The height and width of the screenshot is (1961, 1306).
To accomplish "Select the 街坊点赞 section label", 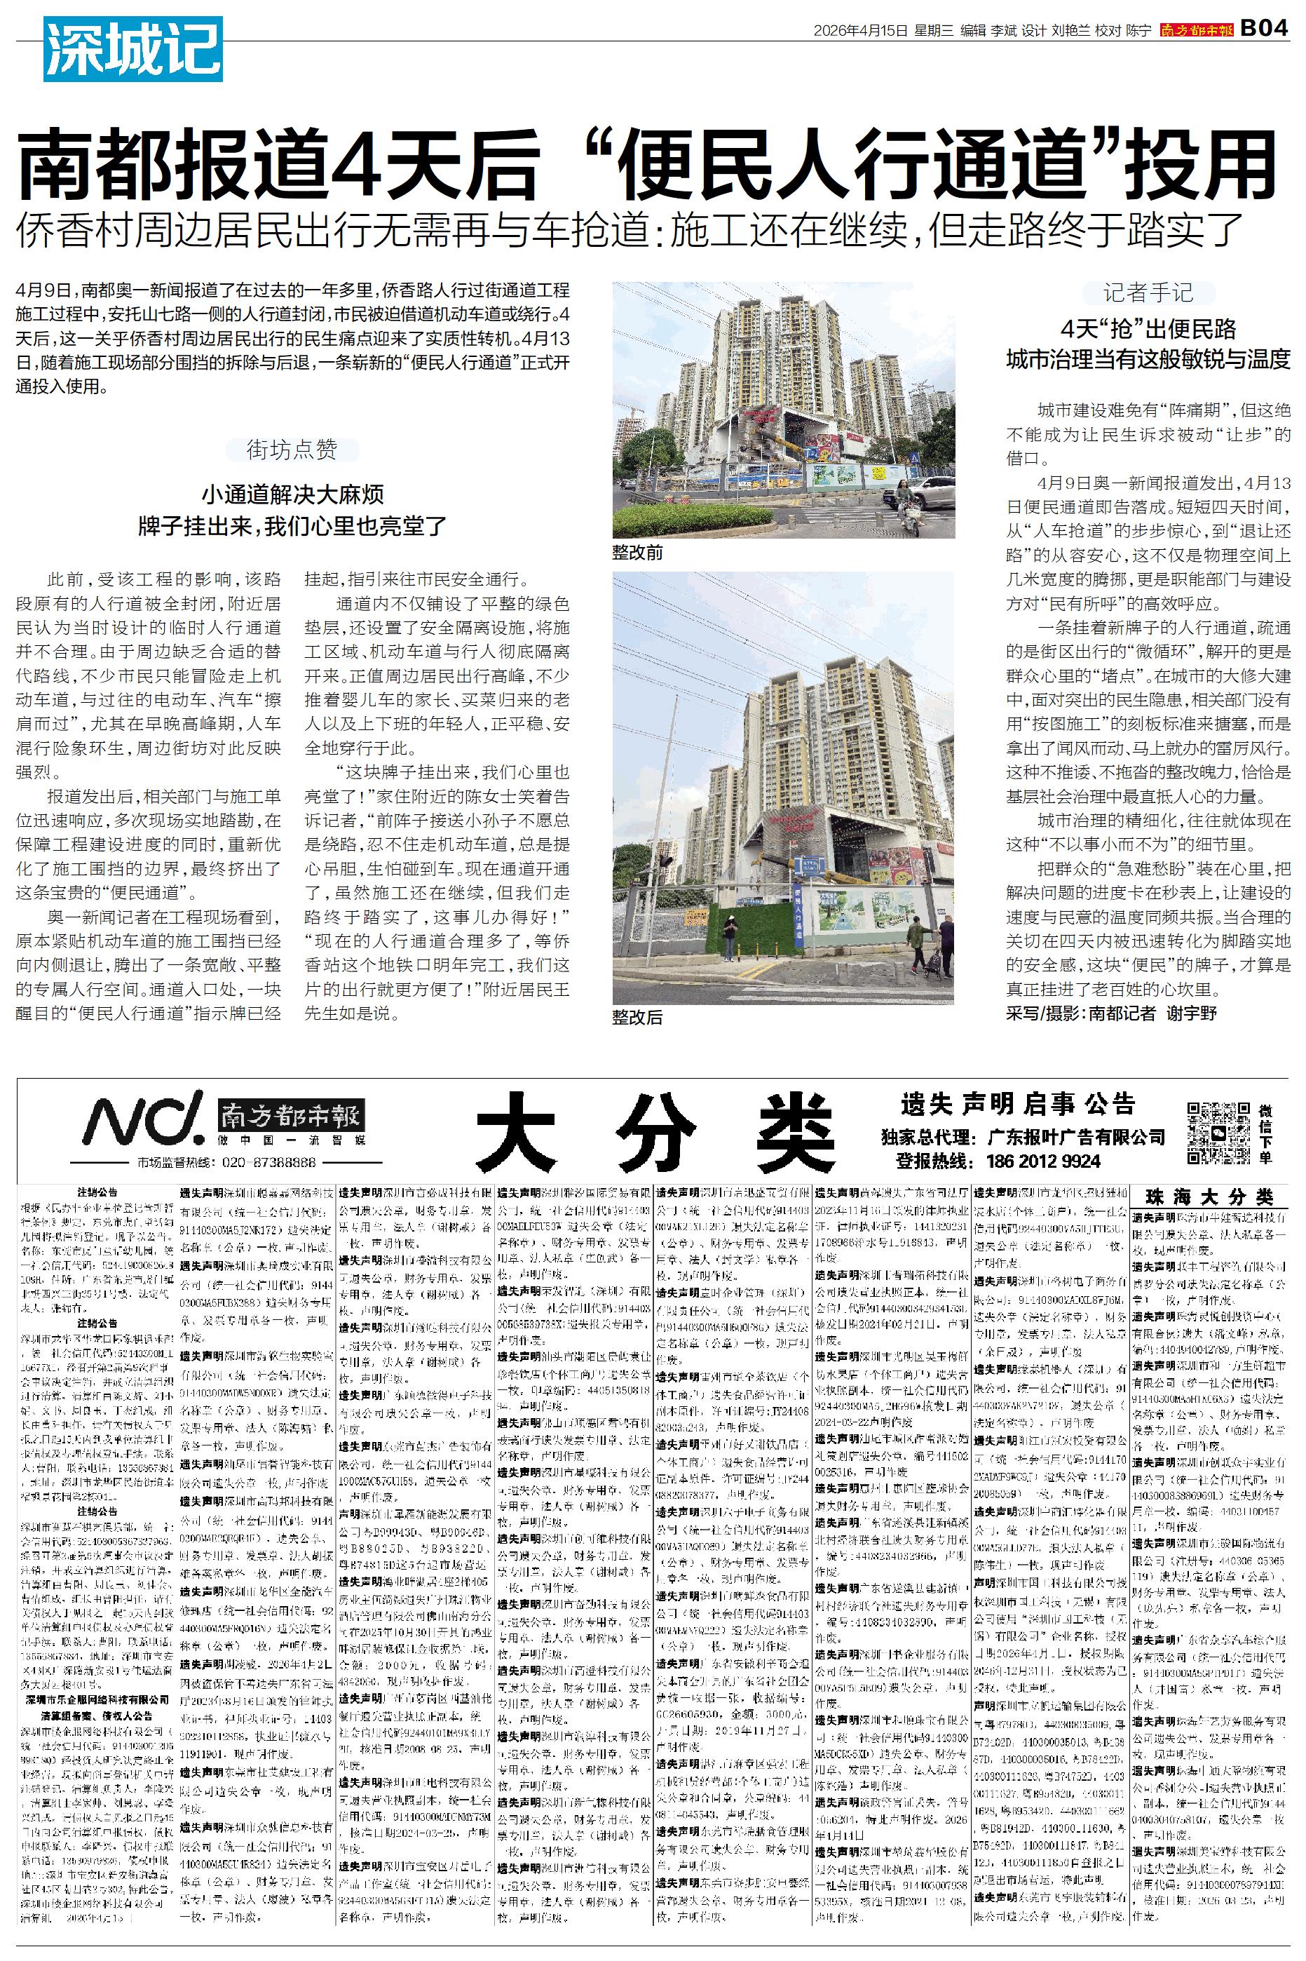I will click(x=292, y=451).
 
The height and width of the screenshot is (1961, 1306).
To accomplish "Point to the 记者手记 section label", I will click(x=1148, y=292).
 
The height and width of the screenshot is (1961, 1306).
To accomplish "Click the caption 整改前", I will click(x=637, y=553).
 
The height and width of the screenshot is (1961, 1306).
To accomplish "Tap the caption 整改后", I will click(x=637, y=1017).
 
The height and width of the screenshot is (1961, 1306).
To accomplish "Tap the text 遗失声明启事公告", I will click(x=1018, y=1105).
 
